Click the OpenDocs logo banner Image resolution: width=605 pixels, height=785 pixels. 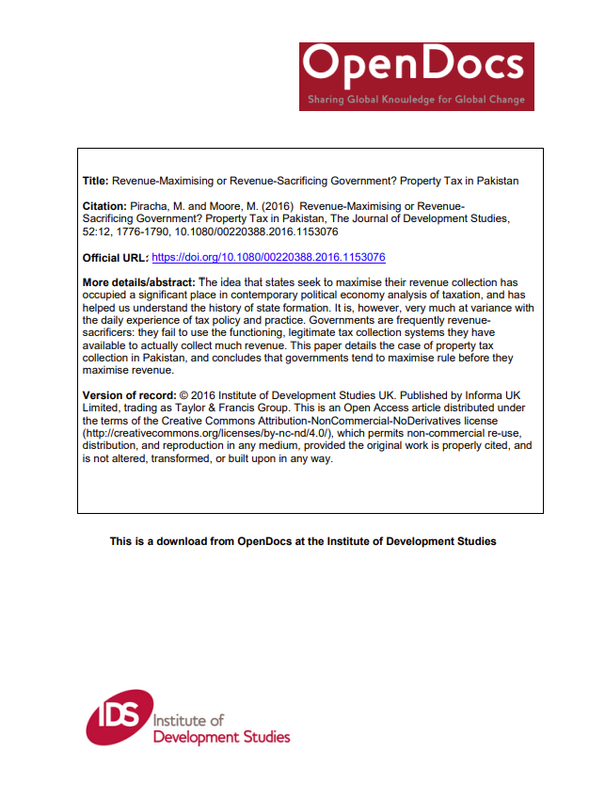[x=416, y=75]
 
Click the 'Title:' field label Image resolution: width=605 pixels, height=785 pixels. [x=96, y=180]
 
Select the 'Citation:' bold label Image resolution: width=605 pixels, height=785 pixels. [x=105, y=205]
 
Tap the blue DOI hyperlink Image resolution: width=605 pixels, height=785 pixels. [x=268, y=257]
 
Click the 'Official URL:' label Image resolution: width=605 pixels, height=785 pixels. [x=115, y=257]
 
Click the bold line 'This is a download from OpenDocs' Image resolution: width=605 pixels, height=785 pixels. [x=302, y=541]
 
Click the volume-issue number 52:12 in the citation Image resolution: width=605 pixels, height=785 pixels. [x=97, y=231]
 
